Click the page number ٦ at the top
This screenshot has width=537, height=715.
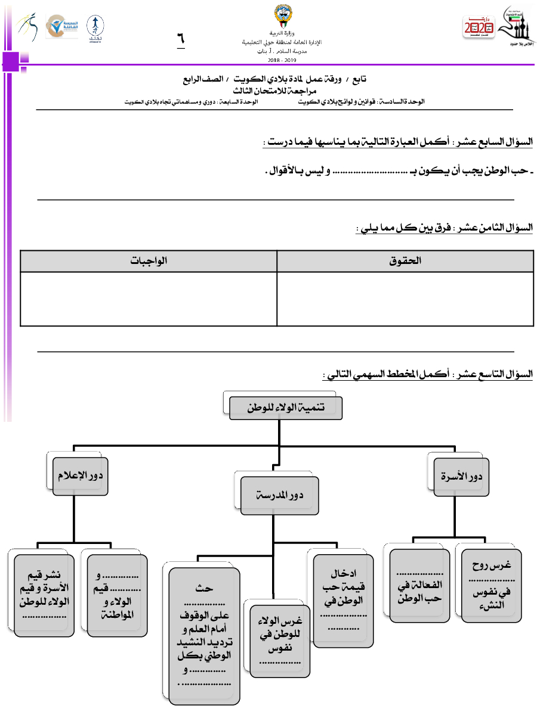coord(180,40)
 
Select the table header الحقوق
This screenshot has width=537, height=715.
coord(405,261)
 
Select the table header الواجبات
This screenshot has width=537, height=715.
coord(149,261)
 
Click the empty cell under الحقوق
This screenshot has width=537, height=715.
coord(405,299)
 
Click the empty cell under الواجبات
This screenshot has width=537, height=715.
coord(149,299)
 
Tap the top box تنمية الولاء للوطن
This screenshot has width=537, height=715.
coord(285,408)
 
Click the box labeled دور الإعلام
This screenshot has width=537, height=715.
coord(80,476)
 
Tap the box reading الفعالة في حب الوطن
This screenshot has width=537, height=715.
coord(419,586)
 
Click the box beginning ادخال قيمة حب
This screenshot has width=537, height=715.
coord(343,600)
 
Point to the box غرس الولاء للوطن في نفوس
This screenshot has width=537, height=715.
coord(280,641)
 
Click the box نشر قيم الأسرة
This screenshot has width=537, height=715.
coord(44,593)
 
